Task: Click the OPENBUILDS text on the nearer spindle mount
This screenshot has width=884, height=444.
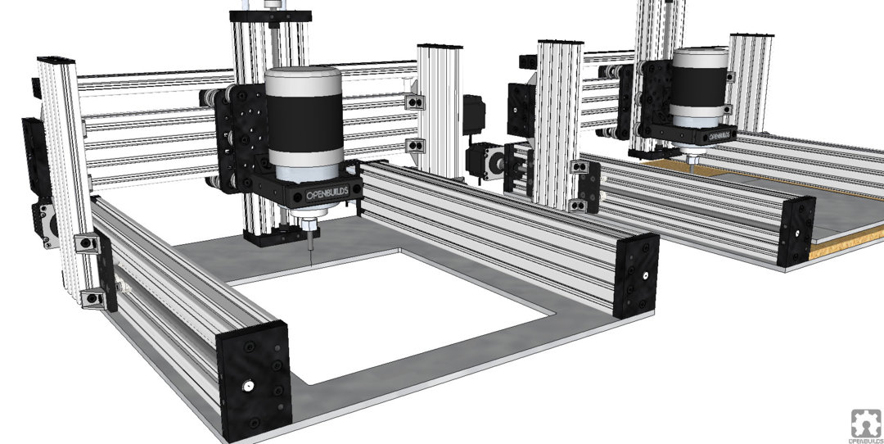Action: click(327, 195)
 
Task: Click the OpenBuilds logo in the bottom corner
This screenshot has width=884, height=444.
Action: click(866, 425)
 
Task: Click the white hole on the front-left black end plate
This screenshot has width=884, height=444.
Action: click(247, 386)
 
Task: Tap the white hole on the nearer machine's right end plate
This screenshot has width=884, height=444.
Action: click(646, 276)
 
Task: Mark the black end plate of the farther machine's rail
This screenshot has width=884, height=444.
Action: click(796, 231)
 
